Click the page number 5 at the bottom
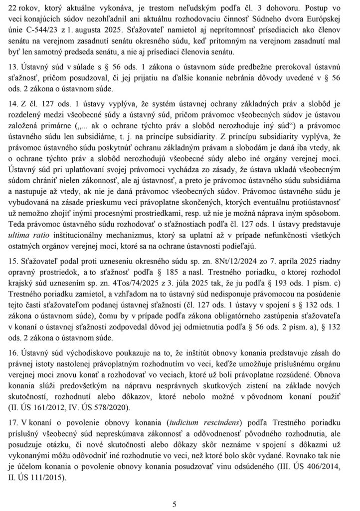coord(175,504)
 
